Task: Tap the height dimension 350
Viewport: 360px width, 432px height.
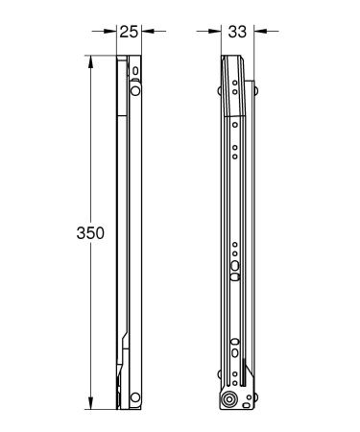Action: (91, 233)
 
